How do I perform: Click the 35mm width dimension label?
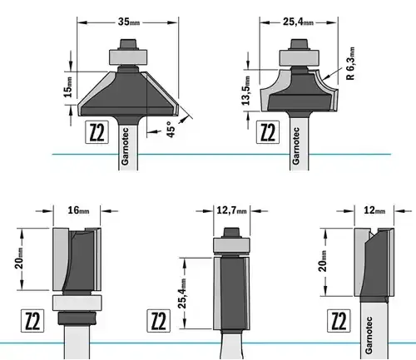point(129,22)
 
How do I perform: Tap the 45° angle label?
point(171,129)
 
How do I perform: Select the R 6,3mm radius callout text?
point(350,63)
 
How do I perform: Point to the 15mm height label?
point(68,87)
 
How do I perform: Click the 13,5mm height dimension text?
point(246,91)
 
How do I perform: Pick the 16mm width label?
point(78,210)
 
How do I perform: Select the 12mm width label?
point(374,210)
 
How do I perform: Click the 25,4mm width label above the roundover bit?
point(298,22)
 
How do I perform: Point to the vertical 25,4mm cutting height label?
point(182,293)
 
